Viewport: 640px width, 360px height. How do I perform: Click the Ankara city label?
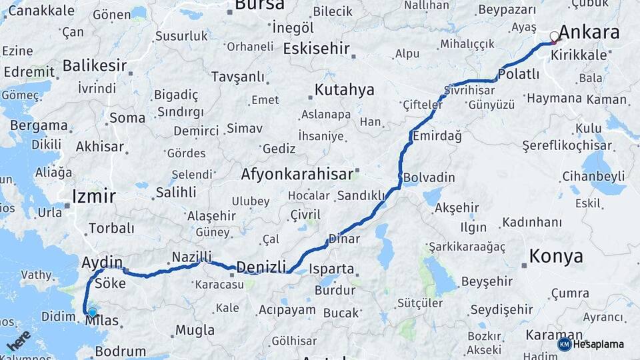tap(589, 32)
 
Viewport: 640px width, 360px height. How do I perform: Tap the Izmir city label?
tap(93, 197)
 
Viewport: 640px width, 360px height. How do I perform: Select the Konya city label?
tap(556, 256)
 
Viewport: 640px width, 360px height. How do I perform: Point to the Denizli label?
tap(261, 266)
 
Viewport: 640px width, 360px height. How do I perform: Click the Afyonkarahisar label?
tap(297, 175)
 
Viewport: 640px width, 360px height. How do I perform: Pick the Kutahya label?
tap(344, 90)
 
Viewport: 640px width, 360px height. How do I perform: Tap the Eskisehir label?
tap(316, 49)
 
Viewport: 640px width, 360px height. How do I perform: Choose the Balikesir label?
tap(95, 65)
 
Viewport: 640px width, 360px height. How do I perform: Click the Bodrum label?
tap(120, 351)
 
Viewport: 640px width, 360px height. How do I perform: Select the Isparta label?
tap(331, 269)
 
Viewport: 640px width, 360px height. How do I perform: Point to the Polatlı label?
tap(519, 74)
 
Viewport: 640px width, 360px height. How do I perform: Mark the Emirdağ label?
tap(437, 136)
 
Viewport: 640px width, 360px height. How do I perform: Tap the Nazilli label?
tap(191, 257)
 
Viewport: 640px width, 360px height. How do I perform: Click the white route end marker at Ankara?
tap(554, 37)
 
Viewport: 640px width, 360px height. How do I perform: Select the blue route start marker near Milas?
tap(92, 311)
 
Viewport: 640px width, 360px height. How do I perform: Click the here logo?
tap(19, 341)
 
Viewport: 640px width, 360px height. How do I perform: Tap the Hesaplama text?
tap(599, 345)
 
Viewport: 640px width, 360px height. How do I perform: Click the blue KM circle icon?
tap(564, 344)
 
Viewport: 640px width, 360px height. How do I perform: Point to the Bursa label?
tap(259, 5)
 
